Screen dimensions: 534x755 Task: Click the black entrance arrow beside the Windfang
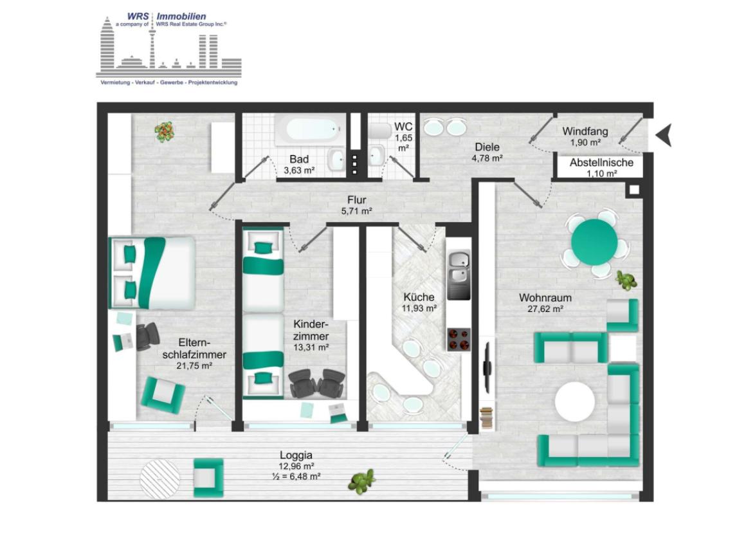coord(664,135)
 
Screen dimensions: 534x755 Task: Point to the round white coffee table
coord(575,402)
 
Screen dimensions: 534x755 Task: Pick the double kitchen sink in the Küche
coord(459,268)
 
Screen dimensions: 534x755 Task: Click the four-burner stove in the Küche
coord(459,340)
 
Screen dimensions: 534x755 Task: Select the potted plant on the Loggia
coord(361,481)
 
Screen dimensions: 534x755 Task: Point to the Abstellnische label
coord(601,163)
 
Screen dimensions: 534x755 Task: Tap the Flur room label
coord(357,199)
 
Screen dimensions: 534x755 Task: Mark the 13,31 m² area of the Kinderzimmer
coord(311,347)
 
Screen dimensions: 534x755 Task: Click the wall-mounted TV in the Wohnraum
coord(487,368)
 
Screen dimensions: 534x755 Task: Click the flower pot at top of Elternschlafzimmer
coord(165,132)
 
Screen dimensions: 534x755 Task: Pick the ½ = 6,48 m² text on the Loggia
coord(296,477)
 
